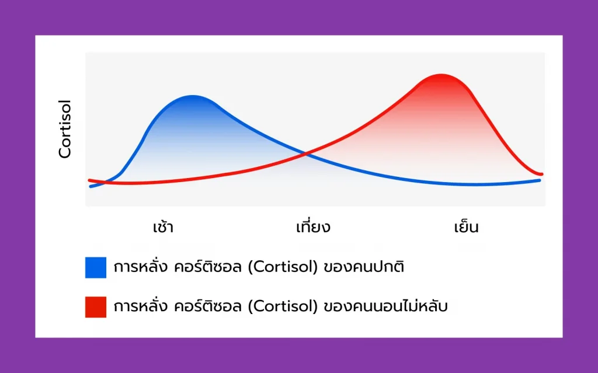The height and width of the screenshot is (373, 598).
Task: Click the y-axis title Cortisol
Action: click(65, 129)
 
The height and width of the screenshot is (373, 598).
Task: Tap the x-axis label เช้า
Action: click(164, 227)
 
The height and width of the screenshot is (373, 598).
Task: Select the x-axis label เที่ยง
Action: click(313, 226)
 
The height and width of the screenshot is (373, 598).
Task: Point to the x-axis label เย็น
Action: click(467, 226)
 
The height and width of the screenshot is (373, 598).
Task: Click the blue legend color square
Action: click(96, 267)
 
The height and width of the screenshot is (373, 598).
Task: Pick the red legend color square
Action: click(96, 306)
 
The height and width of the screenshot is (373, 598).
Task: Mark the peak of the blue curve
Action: click(193, 96)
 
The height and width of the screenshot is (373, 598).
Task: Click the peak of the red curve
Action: click(441, 75)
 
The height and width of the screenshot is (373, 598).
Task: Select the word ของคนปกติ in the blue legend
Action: click(364, 267)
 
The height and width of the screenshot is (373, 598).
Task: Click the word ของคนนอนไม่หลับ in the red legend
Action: click(385, 306)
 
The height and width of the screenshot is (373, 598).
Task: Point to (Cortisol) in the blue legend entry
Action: click(283, 267)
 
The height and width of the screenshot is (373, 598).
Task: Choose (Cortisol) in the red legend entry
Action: click(283, 306)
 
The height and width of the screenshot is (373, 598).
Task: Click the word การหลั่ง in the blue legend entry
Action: click(140, 267)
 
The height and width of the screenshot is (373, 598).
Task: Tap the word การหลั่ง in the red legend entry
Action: click(140, 306)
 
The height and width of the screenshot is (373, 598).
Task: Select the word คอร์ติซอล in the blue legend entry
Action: click(208, 267)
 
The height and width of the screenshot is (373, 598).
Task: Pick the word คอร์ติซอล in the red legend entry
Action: click(208, 306)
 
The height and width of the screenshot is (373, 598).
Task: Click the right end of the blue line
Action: click(540, 180)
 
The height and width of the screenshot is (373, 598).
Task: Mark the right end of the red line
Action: click(541, 175)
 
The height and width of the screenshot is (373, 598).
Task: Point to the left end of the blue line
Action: click(91, 187)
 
